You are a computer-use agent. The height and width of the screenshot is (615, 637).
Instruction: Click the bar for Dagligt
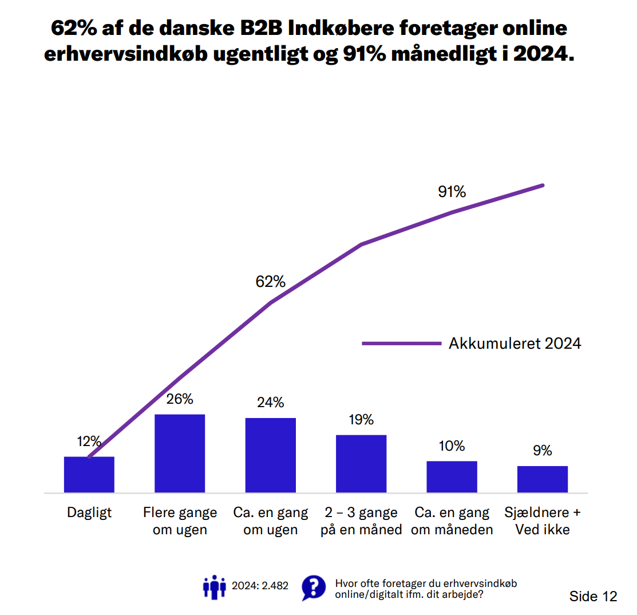[x=89, y=475]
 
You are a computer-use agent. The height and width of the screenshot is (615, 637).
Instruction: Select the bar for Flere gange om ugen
[x=180, y=453]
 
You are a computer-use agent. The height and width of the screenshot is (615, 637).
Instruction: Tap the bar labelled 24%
[x=270, y=455]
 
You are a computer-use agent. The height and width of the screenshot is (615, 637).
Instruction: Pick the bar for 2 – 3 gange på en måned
[x=361, y=464]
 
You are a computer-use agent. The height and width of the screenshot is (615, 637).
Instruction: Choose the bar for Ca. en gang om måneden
[x=452, y=476]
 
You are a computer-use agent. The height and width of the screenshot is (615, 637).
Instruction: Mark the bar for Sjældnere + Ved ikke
[x=543, y=479]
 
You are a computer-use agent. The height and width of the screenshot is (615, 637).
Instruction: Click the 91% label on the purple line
[x=452, y=192]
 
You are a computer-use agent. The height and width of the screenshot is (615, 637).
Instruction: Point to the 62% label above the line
[x=270, y=282]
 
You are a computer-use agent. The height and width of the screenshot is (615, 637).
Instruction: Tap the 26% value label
[x=180, y=399]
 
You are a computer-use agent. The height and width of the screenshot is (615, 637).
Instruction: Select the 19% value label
[x=361, y=420]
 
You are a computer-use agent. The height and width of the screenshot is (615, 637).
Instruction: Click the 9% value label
[x=543, y=451]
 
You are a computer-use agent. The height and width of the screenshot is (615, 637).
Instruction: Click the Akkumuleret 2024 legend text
[x=515, y=344]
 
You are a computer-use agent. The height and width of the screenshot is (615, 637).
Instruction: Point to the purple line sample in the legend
[x=401, y=344]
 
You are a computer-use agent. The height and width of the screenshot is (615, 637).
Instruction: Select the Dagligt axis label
[x=89, y=512]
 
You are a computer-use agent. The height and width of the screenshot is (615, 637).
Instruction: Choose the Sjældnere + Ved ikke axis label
[x=543, y=521]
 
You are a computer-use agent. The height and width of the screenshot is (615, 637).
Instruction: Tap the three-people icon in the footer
[x=215, y=587]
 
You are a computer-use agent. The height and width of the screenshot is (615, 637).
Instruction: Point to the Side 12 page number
[x=593, y=596]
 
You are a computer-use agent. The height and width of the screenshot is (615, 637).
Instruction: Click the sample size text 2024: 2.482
[x=260, y=586]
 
